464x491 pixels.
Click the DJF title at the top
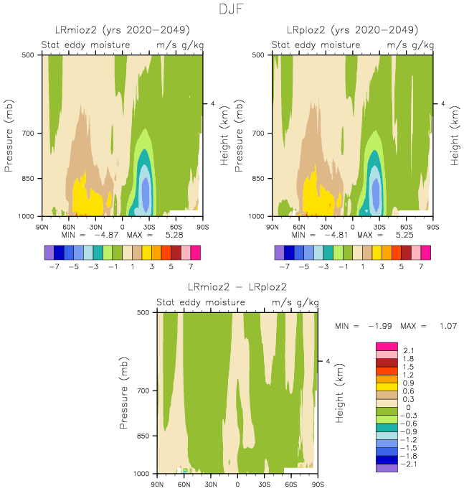click(232, 10)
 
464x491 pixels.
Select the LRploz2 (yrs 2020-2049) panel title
click(352, 30)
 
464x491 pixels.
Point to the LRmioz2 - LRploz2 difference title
click(237, 288)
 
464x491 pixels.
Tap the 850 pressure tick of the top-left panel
click(30, 178)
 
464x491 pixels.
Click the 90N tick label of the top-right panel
click(272, 227)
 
